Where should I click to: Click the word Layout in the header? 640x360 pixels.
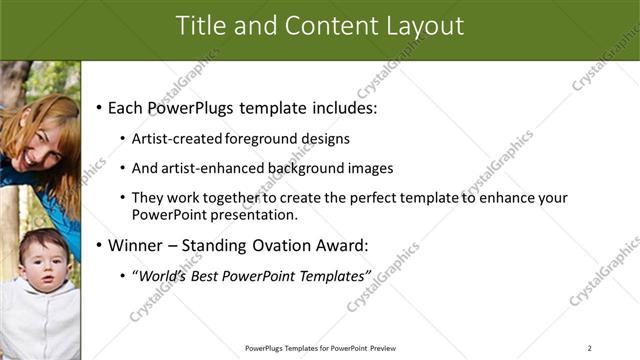point(424,26)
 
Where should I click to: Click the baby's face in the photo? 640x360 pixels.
point(43,262)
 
